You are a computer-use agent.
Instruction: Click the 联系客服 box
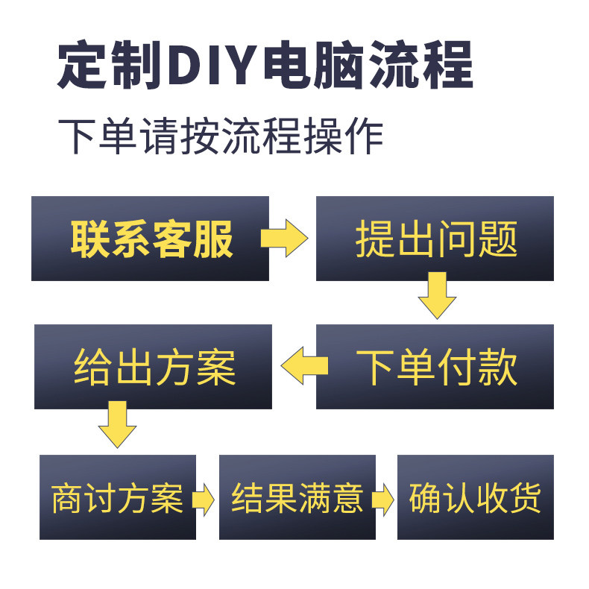[x=150, y=239]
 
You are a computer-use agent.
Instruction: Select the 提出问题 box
[x=435, y=239]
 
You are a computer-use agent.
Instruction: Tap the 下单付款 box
[x=435, y=367]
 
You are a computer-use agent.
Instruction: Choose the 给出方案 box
[x=153, y=367]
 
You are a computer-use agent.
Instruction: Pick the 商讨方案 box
[x=117, y=497]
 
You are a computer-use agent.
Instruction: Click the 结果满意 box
[x=296, y=497]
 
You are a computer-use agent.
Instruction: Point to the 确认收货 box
[x=475, y=497]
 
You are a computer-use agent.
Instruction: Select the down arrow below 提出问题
[x=436, y=295]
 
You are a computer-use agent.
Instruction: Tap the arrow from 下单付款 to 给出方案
[x=303, y=365]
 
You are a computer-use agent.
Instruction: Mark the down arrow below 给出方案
[x=117, y=424]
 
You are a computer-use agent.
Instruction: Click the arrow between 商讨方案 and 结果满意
[x=202, y=498]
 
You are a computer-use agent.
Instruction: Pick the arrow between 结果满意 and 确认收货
[x=382, y=498]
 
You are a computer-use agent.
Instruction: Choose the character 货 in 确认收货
[x=524, y=497]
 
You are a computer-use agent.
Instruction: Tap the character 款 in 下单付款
[x=497, y=367]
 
